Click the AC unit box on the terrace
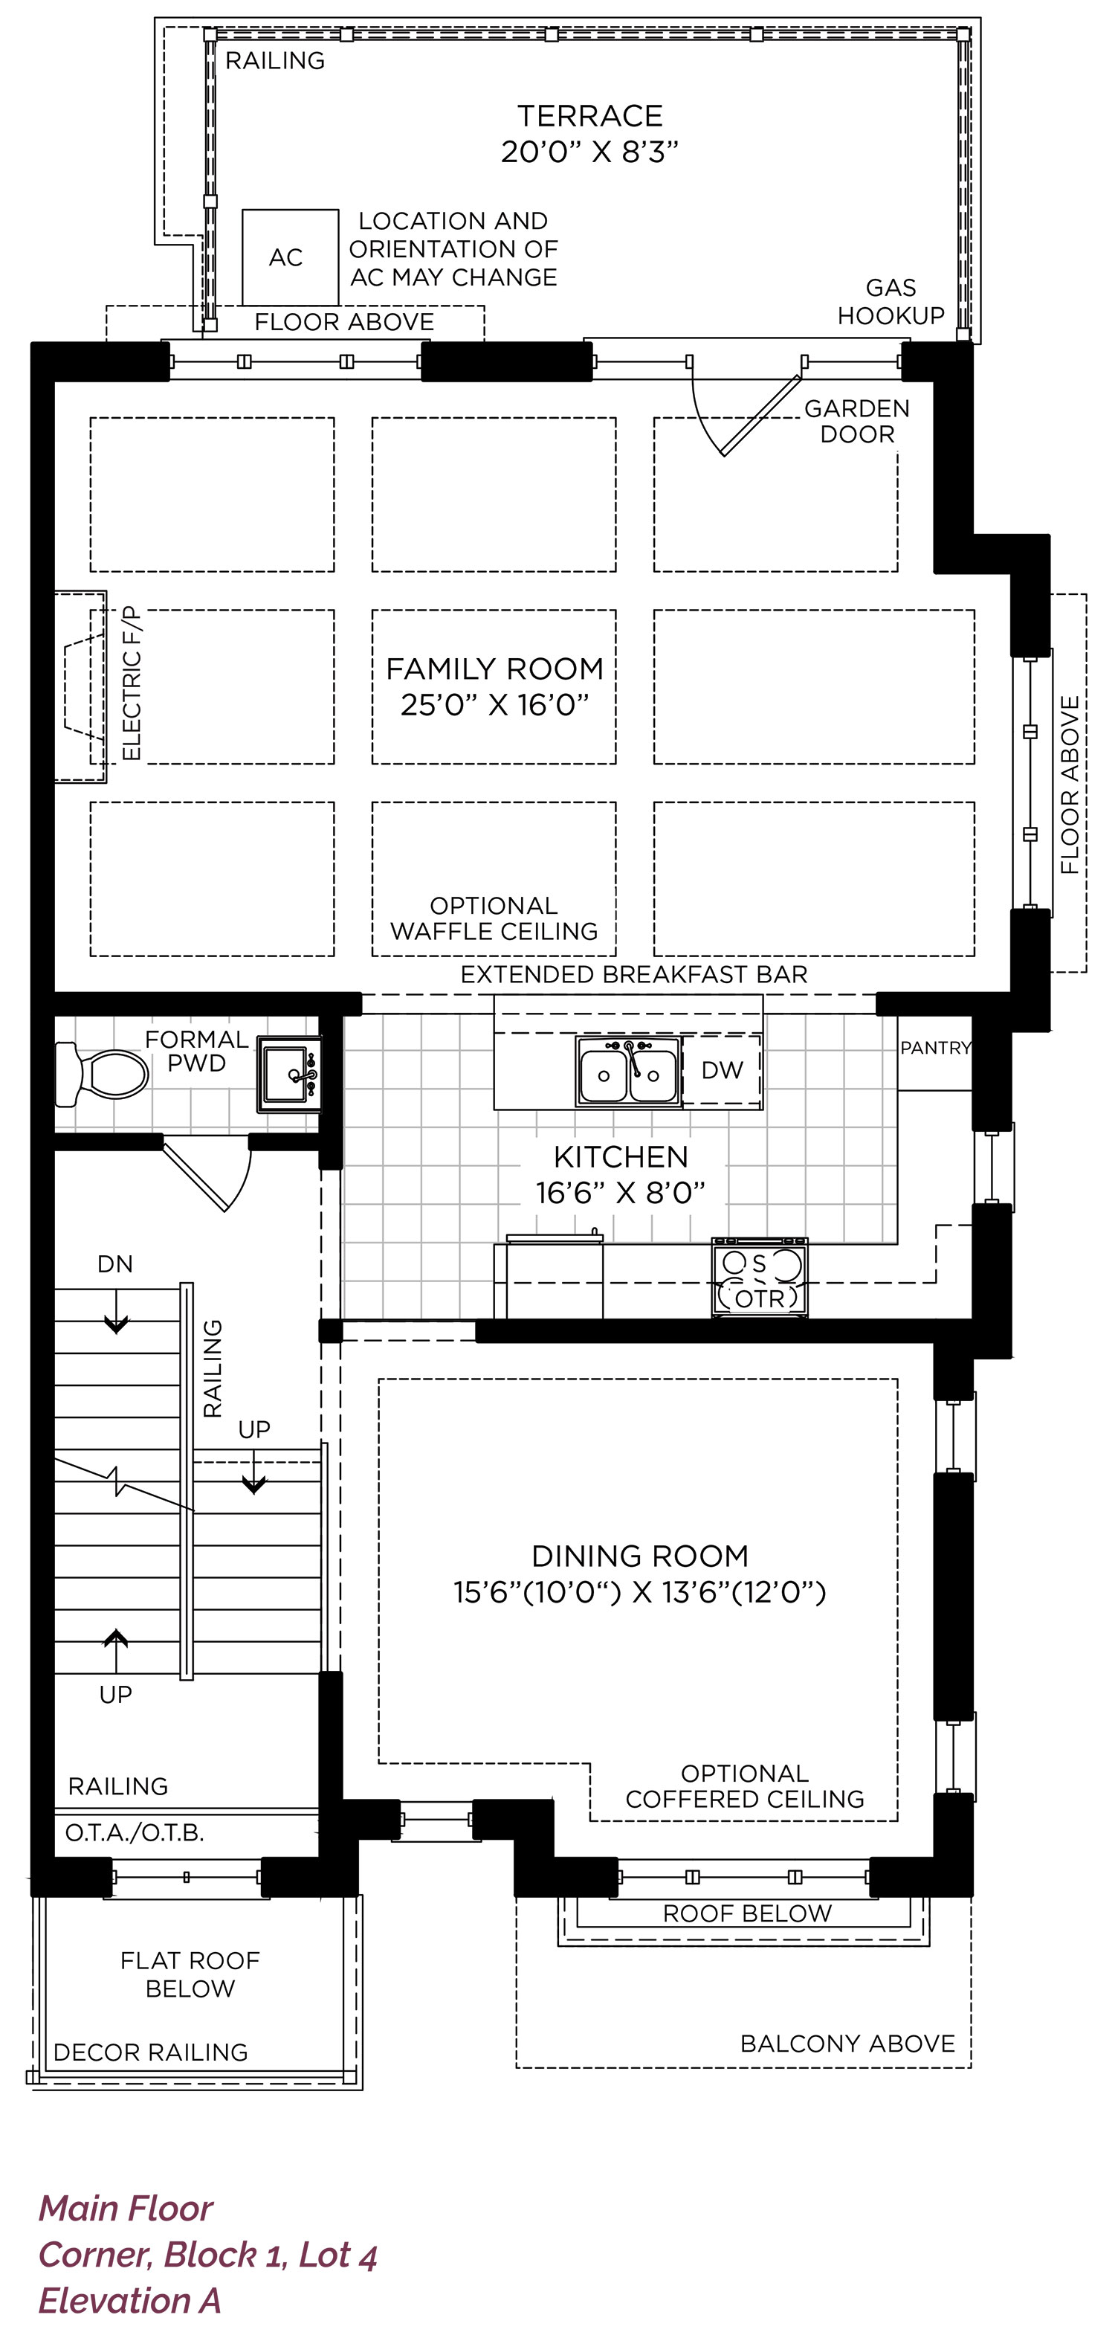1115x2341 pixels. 290,257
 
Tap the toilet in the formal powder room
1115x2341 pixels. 102,1074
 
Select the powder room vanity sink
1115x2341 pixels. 289,1074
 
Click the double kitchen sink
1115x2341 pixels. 628,1072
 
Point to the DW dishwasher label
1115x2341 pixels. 723,1071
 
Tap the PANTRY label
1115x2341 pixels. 936,1048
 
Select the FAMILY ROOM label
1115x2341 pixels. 495,669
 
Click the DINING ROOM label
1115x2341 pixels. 641,1556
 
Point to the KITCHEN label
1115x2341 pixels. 621,1157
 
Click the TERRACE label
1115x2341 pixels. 591,116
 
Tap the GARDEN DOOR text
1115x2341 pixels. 857,421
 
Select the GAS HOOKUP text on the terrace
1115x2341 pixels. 891,302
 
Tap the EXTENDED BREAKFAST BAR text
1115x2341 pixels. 634,975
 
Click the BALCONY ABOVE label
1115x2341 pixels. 848,2044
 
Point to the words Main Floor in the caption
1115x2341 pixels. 126,2209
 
